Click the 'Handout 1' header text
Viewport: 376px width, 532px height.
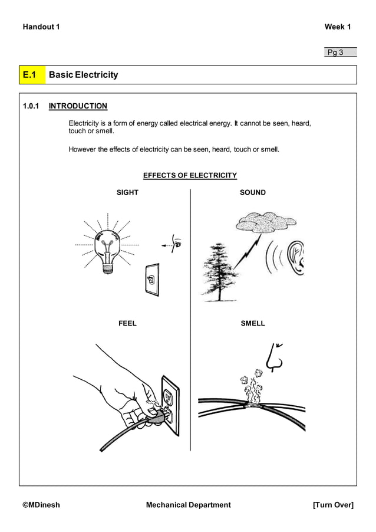[41, 27]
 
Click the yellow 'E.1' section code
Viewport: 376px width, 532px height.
[31, 75]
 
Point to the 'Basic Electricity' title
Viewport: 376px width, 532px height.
[83, 75]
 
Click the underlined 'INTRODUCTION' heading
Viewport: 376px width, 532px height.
[78, 106]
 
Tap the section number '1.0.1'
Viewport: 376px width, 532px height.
[31, 106]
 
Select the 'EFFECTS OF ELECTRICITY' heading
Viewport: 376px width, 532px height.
[190, 175]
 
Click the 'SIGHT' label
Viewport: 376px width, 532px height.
[127, 192]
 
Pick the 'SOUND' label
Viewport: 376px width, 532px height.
[253, 192]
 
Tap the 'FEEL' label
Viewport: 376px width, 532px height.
[127, 323]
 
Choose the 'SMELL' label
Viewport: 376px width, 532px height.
[253, 323]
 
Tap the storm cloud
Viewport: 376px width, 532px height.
[265, 223]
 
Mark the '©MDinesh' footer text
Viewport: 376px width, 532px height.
[41, 505]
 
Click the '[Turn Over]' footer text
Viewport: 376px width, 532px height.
[333, 505]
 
